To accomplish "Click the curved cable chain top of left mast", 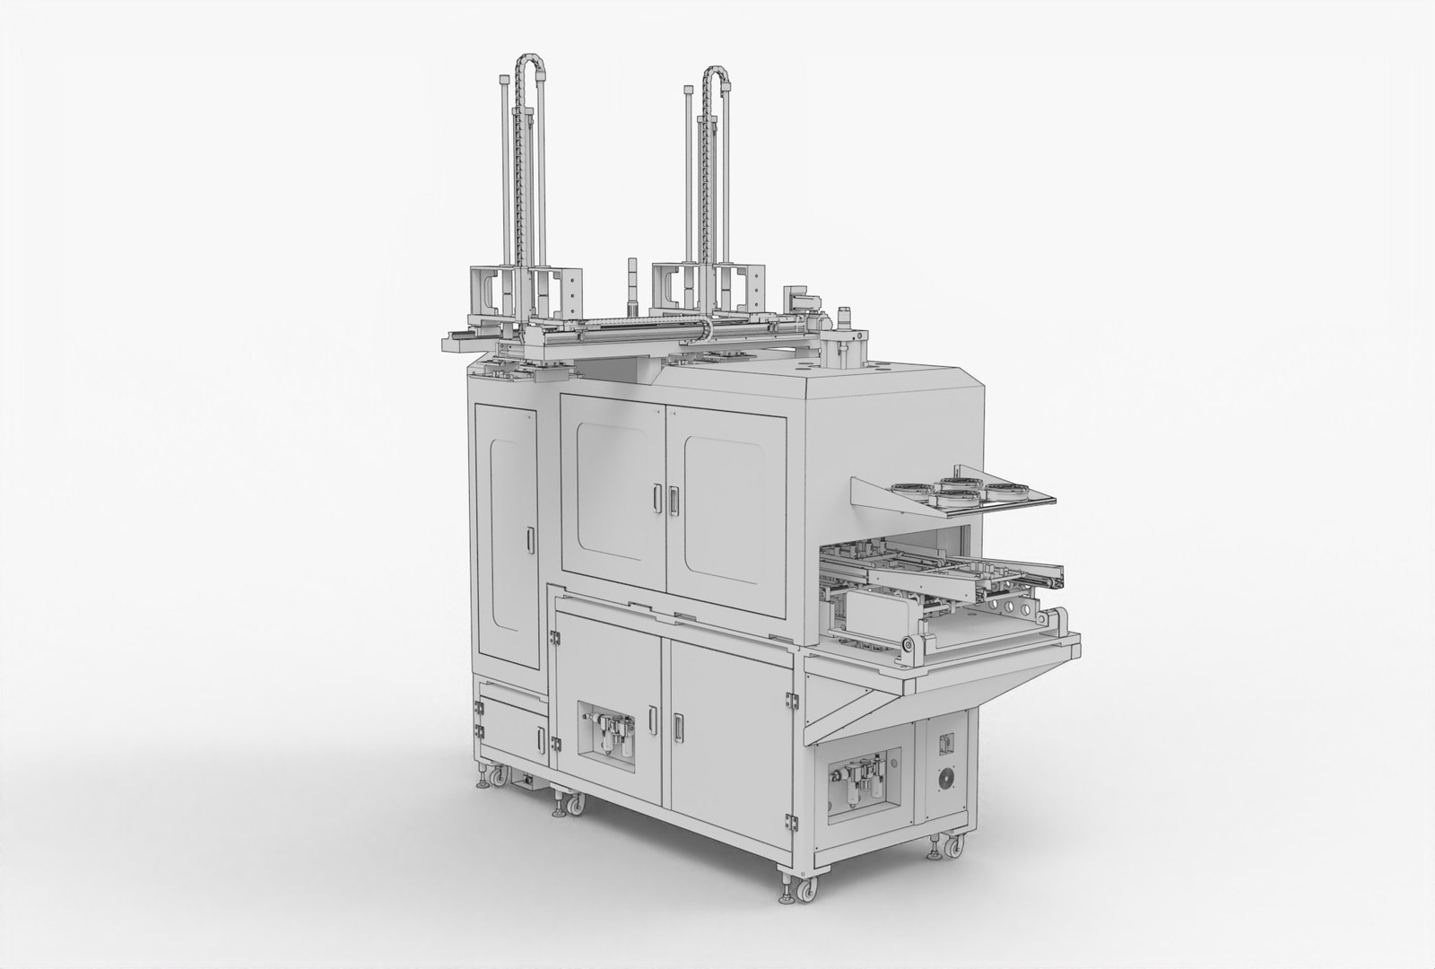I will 527,65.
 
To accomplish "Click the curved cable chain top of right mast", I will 715,74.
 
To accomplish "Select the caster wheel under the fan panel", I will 952,844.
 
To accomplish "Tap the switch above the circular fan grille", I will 944,741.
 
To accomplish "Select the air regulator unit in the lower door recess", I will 610,736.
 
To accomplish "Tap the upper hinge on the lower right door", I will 791,698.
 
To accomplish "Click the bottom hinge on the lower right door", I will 791,821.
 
